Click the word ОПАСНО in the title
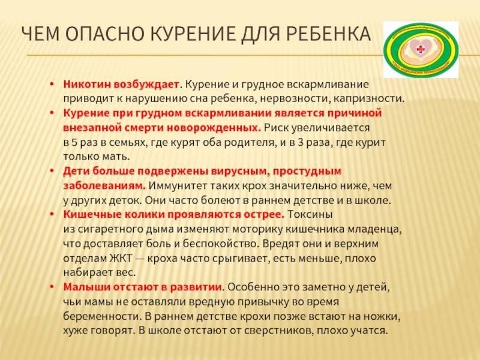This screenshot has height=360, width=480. [x=104, y=34]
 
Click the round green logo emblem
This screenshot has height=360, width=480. [x=421, y=50]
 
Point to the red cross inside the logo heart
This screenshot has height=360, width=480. [x=421, y=49]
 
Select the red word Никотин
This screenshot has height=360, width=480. [x=86, y=84]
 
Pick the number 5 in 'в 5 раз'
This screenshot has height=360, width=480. [x=74, y=142]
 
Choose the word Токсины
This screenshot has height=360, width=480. [x=310, y=214]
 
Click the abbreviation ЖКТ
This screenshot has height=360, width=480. [x=121, y=259]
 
